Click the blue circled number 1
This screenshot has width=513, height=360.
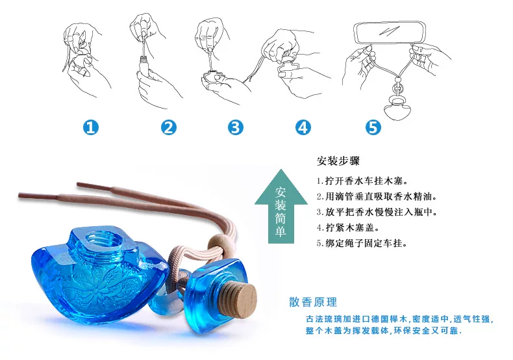point(91,127)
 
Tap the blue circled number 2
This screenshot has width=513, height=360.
point(169,127)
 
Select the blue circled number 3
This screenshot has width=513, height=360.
point(236,127)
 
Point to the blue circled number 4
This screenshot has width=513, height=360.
point(303,127)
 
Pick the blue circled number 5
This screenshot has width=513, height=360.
point(373,127)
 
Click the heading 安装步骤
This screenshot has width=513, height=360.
point(338,161)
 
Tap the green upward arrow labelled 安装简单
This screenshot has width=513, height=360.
point(281,207)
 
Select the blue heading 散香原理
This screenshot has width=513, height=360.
point(313,302)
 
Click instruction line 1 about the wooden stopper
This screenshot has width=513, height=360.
point(362,181)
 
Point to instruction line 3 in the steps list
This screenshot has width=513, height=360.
point(377,212)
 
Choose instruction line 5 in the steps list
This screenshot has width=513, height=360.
point(362,243)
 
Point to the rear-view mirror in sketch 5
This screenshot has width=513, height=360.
point(390,32)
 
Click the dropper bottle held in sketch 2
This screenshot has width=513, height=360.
point(144,66)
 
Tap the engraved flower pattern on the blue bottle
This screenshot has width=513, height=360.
point(98,285)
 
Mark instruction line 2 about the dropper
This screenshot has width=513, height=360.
point(377,196)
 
